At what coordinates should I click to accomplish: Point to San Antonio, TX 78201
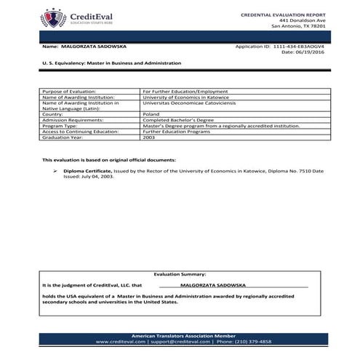[x=298, y=26]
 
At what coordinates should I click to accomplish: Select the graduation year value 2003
[x=148, y=137]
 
